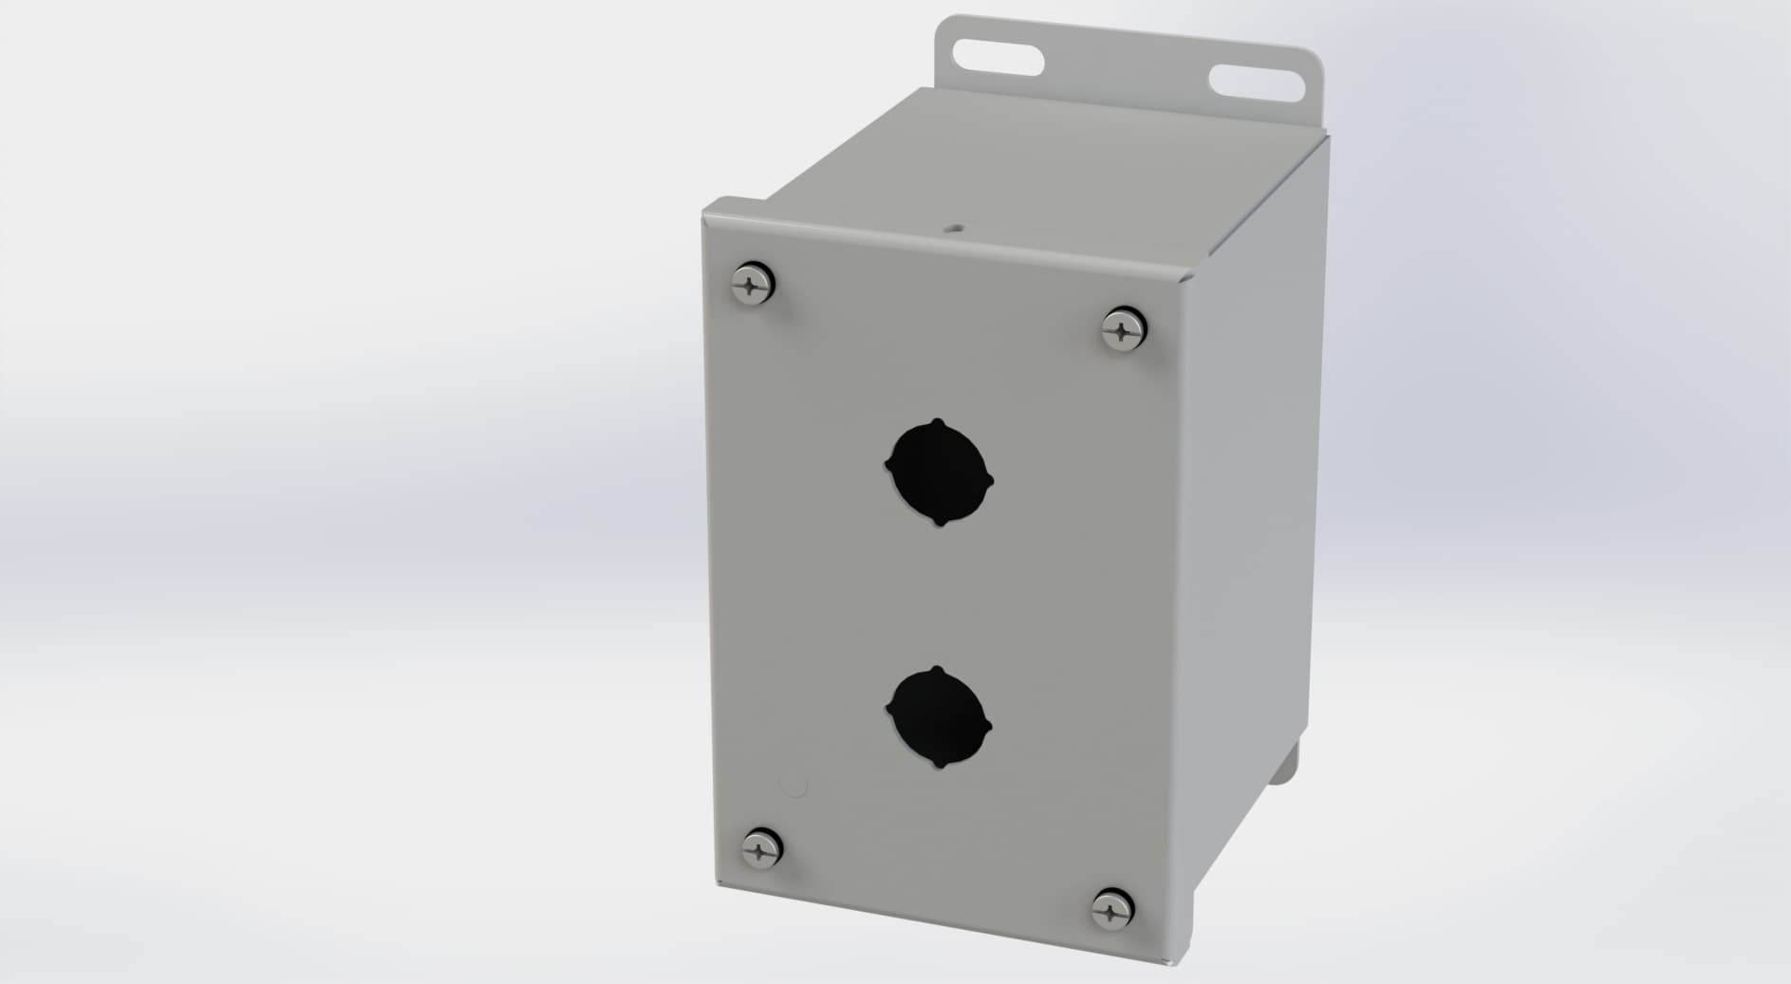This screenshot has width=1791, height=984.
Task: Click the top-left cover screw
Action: coord(756,283)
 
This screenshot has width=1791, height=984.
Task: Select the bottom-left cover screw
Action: coord(762,846)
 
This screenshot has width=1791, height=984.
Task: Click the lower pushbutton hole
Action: coord(938,718)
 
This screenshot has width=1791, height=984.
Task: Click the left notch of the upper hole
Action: coord(888,464)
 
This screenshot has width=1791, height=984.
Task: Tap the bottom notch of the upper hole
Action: coord(940,523)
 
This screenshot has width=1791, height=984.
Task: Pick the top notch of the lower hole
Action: coord(938,670)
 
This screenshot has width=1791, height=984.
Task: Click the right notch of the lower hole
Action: coord(988,728)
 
